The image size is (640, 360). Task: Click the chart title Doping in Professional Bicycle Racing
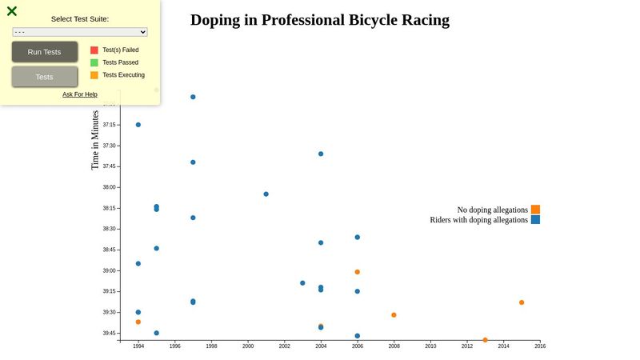[320, 20]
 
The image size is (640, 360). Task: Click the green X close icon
[12, 11]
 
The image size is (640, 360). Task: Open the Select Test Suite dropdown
[80, 32]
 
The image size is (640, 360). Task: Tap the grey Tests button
[45, 77]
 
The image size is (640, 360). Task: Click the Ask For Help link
[80, 94]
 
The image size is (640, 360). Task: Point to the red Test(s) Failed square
[94, 50]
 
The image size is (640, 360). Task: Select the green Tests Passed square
[94, 62]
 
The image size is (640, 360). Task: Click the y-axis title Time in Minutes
[95, 140]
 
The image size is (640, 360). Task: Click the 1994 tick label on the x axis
[138, 346]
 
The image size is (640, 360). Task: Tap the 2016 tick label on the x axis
[540, 346]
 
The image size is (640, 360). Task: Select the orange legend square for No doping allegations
[535, 210]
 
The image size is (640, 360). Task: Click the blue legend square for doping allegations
[535, 220]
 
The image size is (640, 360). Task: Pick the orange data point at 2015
[522, 302]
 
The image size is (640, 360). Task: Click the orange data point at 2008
[394, 315]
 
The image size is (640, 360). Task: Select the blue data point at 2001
[266, 194]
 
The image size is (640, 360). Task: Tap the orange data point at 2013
[485, 340]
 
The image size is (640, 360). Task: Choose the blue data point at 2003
[302, 283]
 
